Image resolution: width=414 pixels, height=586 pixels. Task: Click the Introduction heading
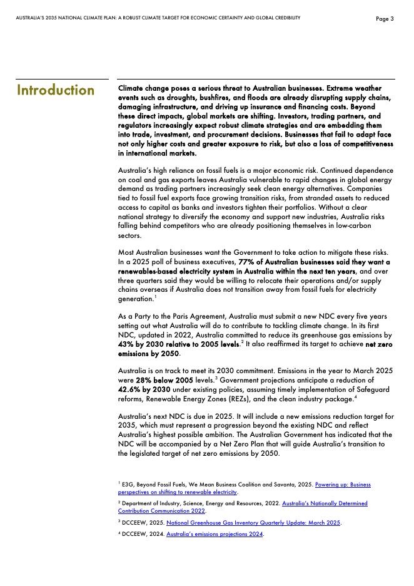(56, 90)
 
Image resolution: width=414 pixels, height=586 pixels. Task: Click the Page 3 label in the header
(385, 19)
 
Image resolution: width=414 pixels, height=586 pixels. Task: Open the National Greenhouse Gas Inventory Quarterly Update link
(253, 522)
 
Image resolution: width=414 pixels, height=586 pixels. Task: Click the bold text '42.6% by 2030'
(144, 389)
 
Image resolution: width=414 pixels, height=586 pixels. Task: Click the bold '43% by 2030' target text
(143, 344)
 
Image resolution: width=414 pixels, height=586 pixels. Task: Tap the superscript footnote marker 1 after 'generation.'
(154, 297)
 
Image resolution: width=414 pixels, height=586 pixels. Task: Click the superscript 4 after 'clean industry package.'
(355, 396)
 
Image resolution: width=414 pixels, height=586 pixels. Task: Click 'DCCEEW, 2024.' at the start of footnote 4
(143, 534)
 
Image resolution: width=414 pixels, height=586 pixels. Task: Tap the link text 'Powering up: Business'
(343, 485)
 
